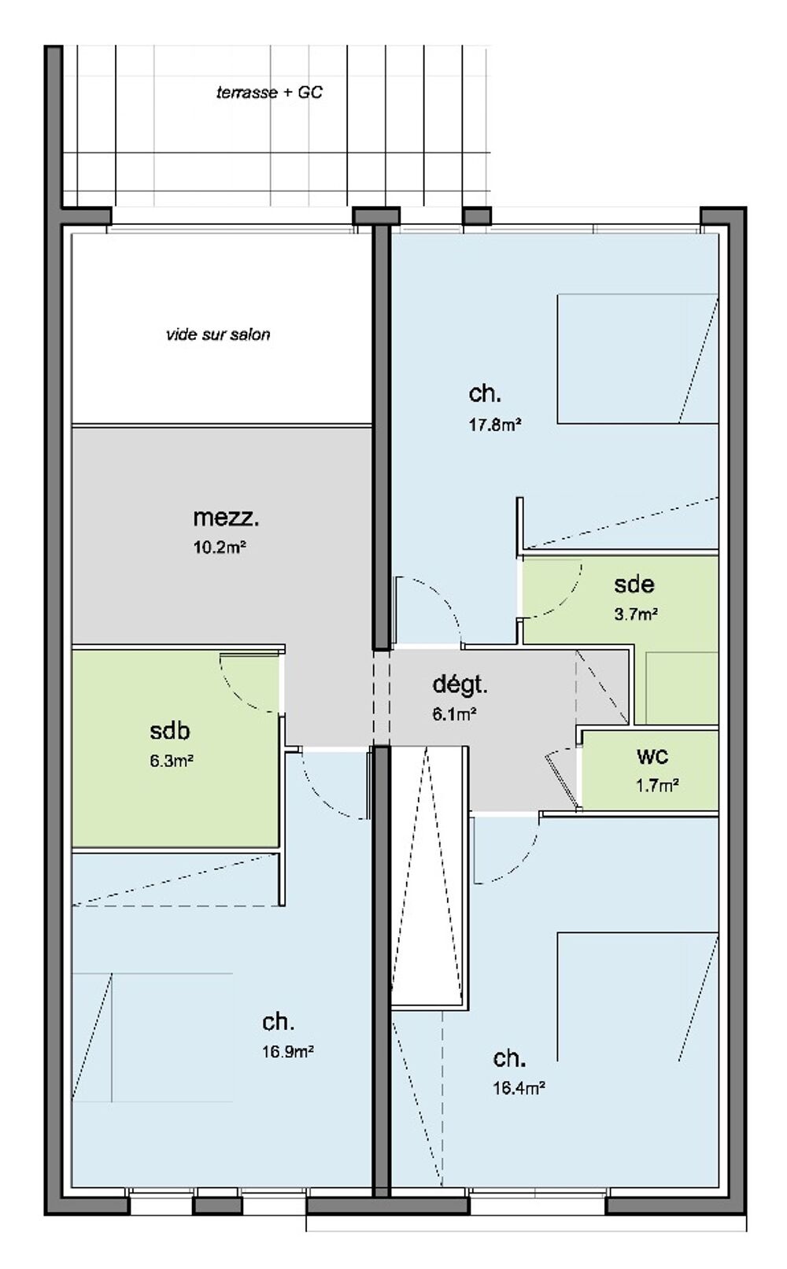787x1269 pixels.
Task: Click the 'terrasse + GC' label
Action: (x=270, y=92)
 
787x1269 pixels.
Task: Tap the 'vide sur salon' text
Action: (x=218, y=334)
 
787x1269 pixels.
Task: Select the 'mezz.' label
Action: (x=226, y=517)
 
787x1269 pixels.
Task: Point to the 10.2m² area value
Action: (x=220, y=548)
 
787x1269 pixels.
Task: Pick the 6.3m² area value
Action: (x=172, y=760)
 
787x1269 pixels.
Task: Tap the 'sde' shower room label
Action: (x=634, y=584)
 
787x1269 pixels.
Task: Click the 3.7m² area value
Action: (x=636, y=614)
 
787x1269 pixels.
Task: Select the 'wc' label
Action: (x=652, y=756)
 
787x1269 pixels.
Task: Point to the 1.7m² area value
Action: (x=657, y=785)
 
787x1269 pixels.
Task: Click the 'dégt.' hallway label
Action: (x=460, y=685)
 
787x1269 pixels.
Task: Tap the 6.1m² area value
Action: (x=454, y=714)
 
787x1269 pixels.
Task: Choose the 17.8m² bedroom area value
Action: (x=495, y=424)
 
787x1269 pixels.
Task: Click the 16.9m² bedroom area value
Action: (x=288, y=1051)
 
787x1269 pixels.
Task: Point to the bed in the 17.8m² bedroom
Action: (x=637, y=359)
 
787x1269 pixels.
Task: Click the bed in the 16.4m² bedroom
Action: (x=637, y=997)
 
